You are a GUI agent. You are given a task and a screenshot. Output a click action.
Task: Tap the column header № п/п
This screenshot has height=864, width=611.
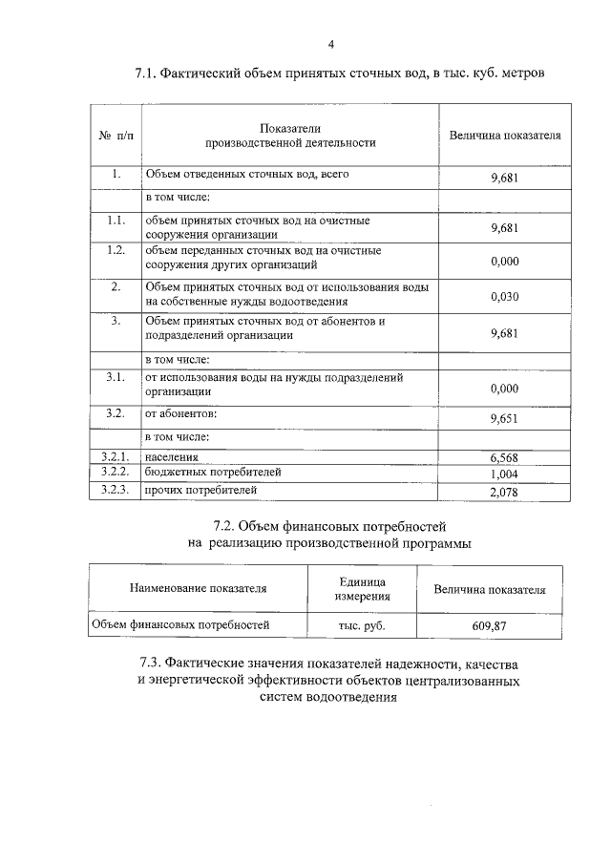point(116,136)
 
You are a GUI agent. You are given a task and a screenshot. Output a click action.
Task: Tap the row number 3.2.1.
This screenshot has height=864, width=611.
point(115,456)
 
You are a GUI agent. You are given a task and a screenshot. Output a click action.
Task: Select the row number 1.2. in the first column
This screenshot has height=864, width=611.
point(116,250)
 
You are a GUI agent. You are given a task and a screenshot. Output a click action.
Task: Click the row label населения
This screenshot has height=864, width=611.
point(172,457)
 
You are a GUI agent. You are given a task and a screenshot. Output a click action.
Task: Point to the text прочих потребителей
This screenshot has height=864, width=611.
point(200,491)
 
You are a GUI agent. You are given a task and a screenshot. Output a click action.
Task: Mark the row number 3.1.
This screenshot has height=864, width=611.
point(116,378)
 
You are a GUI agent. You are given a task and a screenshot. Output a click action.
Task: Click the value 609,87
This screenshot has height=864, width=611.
point(490,626)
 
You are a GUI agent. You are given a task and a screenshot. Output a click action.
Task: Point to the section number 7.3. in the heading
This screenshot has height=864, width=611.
point(150,663)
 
